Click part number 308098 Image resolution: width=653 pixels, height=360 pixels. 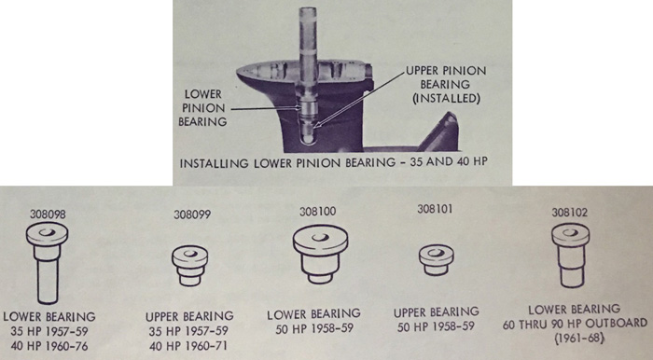48,214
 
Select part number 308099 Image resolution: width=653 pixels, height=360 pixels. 192,215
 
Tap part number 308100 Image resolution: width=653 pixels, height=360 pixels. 318,212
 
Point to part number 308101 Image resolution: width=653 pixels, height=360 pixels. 436,209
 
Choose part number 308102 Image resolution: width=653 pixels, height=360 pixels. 570,213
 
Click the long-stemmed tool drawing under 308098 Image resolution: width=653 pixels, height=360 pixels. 47,263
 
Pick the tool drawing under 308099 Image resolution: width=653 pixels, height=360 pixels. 190,266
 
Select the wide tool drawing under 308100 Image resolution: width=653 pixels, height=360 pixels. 320,254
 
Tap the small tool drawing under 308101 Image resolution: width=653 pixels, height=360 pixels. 437,260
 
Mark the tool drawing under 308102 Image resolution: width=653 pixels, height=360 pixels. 571,256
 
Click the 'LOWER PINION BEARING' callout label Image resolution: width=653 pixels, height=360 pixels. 202,108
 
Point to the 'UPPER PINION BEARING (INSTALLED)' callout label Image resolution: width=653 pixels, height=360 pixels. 447,85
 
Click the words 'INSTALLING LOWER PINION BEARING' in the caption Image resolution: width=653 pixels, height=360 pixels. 287,162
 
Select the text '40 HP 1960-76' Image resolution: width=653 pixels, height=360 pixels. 49,346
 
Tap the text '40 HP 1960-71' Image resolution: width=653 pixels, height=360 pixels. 188,346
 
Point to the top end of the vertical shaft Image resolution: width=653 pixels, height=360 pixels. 308,7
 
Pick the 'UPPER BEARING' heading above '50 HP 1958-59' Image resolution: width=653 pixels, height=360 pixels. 437,312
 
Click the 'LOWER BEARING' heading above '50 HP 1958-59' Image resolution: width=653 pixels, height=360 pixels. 313,313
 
